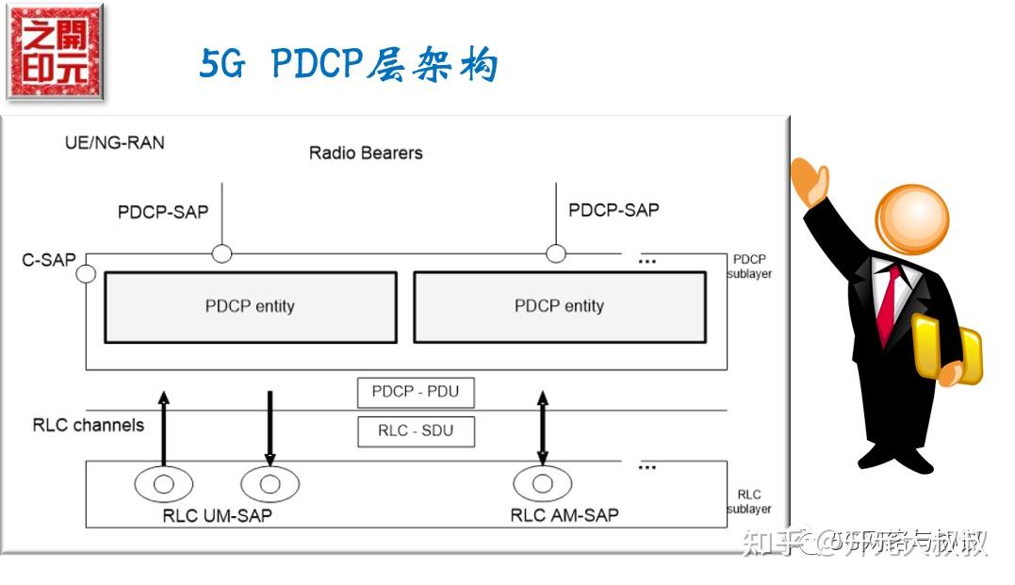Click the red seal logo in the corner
55,53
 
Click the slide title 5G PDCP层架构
348,64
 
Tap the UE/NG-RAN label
114,142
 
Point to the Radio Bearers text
366,153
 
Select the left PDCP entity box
250,306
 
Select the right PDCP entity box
559,306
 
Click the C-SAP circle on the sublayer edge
86,273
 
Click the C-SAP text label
49,259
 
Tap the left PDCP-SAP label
162,212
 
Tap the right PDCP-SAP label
614,209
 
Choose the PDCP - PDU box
416,392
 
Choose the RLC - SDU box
416,431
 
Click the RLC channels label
89,425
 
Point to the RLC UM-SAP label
218,515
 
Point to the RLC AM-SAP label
565,515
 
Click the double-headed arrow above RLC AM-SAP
542,428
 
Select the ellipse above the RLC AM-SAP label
542,483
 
